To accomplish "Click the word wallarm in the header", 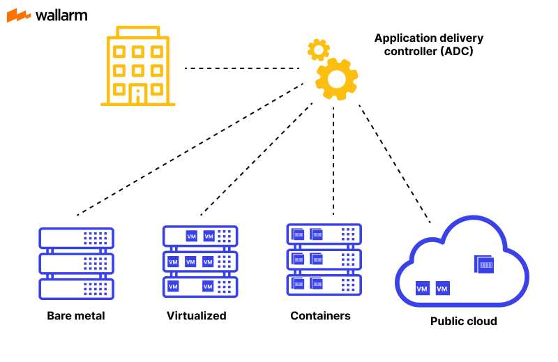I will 61,15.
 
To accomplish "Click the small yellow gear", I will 318,49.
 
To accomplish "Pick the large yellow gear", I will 336,78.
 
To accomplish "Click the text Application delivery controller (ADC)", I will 428,45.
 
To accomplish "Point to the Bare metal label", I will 76,316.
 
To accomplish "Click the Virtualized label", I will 197,316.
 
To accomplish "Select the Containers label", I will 320,316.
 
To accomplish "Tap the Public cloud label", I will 463,322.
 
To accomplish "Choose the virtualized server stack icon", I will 200,260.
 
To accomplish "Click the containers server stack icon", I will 324,259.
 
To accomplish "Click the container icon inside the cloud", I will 483,264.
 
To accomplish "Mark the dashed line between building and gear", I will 241,68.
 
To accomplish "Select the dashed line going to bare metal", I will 188,149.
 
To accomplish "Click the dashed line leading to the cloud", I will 394,163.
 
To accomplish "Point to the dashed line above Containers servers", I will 334,160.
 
